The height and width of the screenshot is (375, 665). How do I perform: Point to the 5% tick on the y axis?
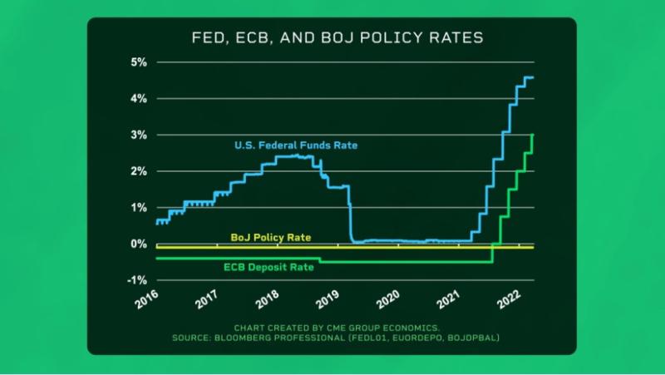(x=138, y=62)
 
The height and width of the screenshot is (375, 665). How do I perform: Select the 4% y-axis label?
(x=138, y=99)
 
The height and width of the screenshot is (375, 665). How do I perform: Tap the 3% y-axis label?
(x=138, y=135)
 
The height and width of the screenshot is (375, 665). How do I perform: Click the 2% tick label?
(x=138, y=171)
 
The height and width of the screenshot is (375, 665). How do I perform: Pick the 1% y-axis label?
(x=138, y=208)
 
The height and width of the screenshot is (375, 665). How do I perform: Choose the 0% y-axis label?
(x=138, y=244)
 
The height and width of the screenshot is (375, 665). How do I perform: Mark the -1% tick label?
(x=136, y=280)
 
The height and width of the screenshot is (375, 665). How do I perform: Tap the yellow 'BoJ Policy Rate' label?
(x=270, y=238)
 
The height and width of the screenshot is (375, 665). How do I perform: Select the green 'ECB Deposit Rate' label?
(x=267, y=269)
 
